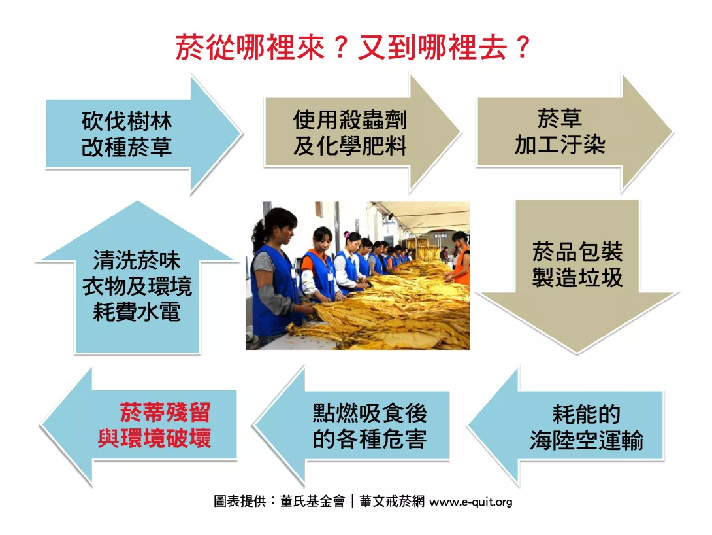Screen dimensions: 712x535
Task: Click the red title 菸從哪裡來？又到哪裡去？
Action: click(x=353, y=47)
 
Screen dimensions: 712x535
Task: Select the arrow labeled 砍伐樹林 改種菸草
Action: click(x=143, y=135)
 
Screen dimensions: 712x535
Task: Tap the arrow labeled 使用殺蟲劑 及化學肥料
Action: click(x=362, y=133)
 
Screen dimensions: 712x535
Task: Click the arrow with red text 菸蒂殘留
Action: click(x=138, y=426)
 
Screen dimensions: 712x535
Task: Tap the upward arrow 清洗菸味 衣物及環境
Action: click(x=137, y=277)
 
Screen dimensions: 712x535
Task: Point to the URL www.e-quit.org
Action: click(x=471, y=502)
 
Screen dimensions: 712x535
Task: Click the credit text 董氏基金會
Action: click(x=312, y=501)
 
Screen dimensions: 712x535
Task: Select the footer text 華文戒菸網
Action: click(x=392, y=501)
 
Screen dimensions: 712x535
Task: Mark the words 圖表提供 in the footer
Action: click(x=240, y=501)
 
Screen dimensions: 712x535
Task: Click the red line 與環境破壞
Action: click(x=154, y=438)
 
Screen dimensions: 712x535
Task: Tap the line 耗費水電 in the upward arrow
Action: click(x=137, y=312)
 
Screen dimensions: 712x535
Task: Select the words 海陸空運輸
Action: click(x=587, y=440)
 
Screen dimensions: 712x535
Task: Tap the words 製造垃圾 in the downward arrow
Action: click(x=577, y=277)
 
